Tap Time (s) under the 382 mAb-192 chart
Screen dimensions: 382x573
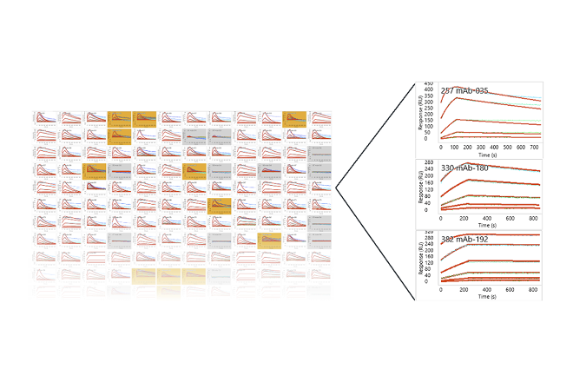click(x=487, y=296)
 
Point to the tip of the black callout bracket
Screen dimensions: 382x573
click(x=337, y=187)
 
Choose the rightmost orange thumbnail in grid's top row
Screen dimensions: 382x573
click(x=295, y=116)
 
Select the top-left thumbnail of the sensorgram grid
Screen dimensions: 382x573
click(x=44, y=116)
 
